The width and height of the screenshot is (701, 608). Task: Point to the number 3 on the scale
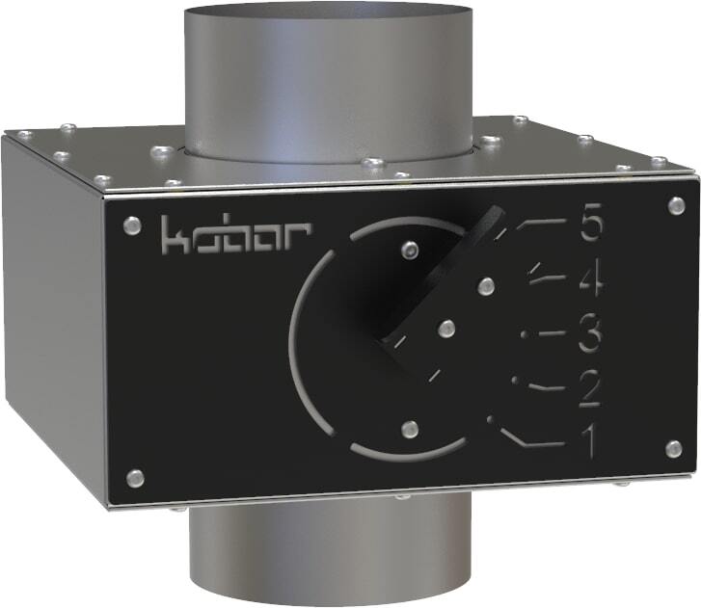click(589, 336)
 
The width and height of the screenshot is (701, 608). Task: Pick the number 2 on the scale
click(589, 389)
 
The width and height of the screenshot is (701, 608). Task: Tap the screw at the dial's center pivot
click(445, 329)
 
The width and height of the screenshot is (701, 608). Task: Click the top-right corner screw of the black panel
click(675, 205)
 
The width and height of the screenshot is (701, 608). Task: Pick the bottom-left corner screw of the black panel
click(135, 476)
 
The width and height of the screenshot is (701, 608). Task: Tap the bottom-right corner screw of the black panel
click(675, 448)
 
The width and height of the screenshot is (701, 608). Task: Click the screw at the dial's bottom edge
click(409, 429)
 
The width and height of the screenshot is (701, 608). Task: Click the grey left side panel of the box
click(53, 318)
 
